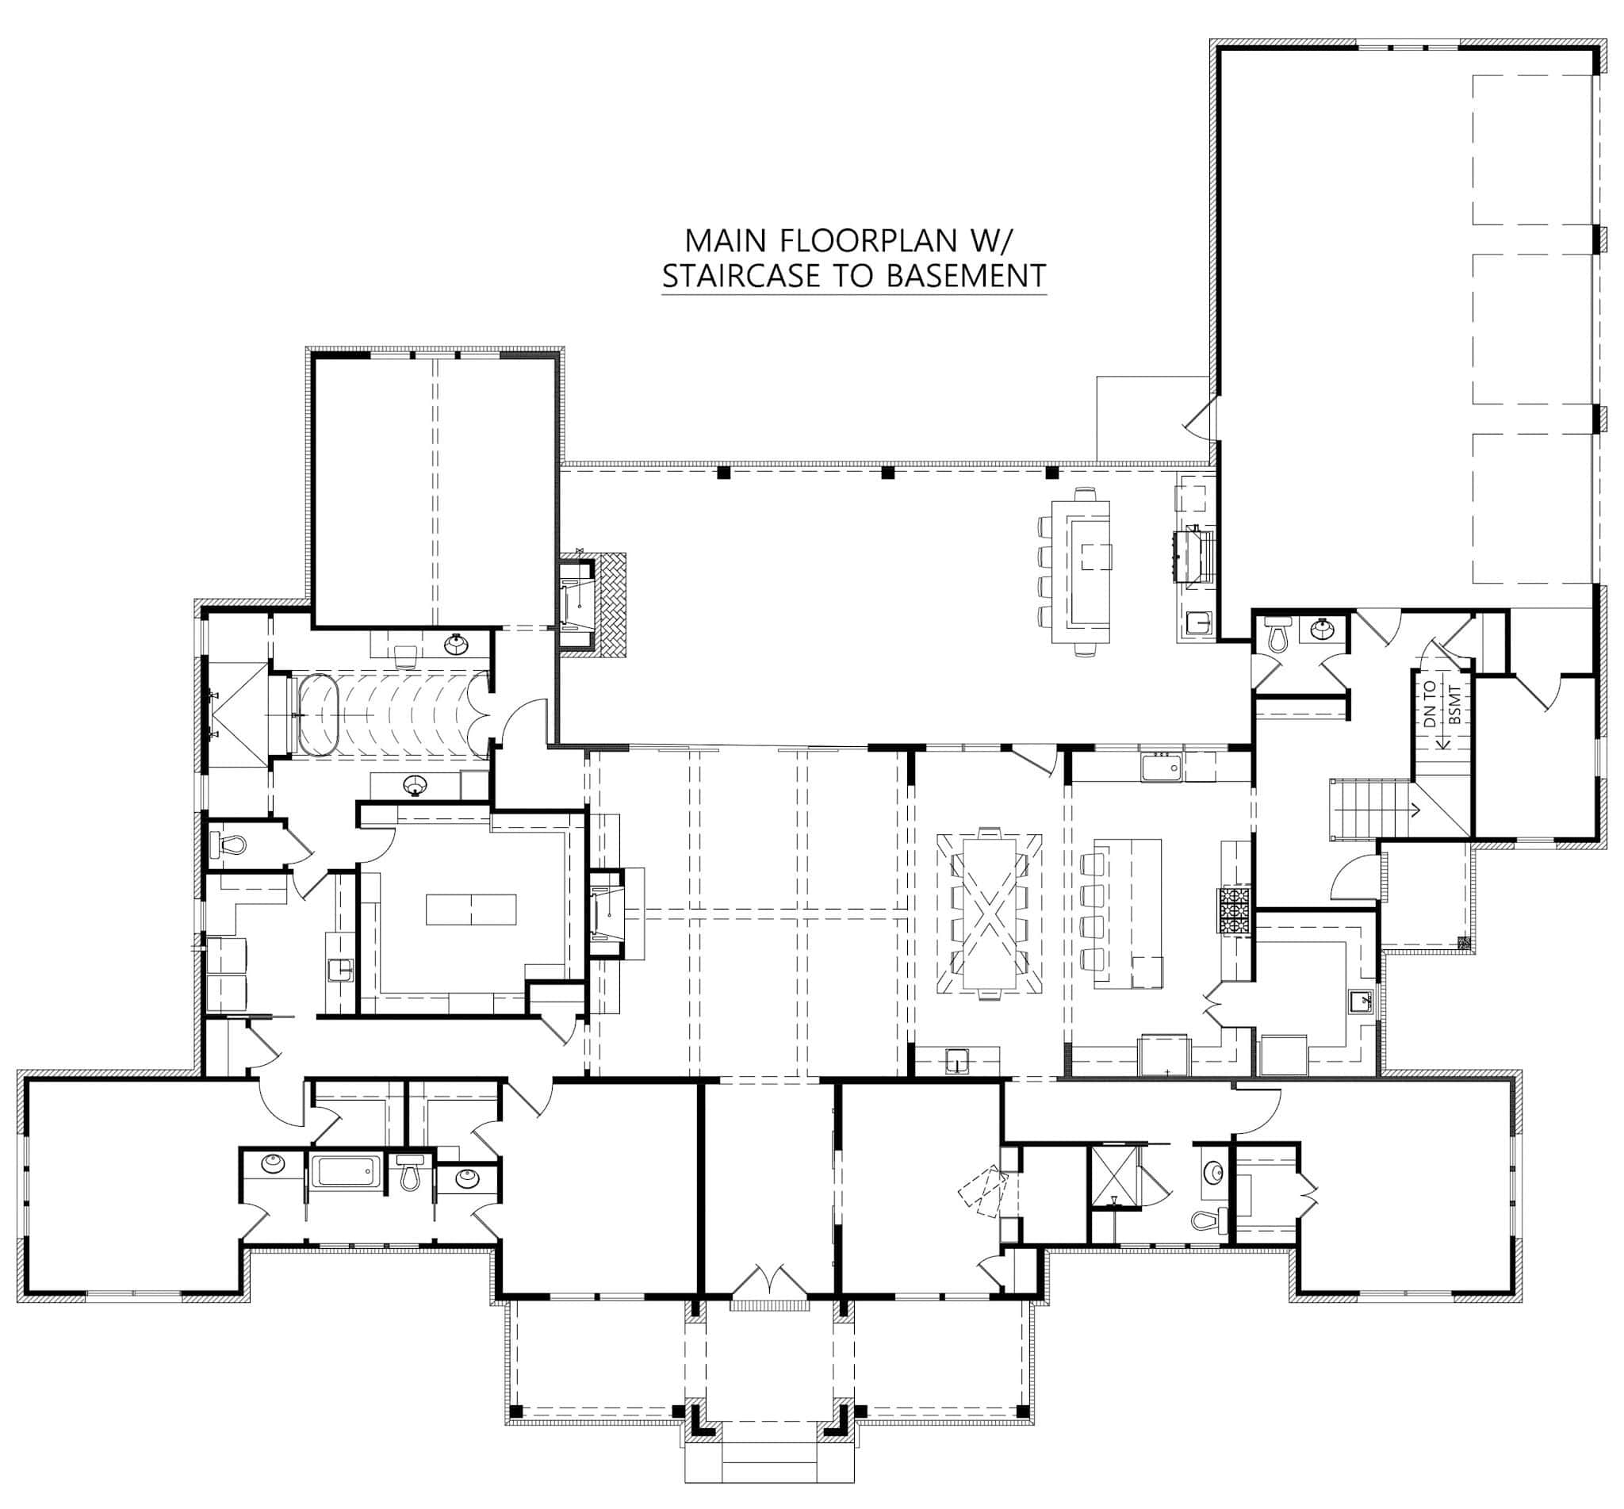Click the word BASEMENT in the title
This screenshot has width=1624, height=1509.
(965, 276)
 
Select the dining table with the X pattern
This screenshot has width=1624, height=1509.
(989, 911)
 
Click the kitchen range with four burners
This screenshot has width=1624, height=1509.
(1236, 910)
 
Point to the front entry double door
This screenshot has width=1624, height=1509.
(768, 1281)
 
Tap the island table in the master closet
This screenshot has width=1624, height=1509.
(471, 909)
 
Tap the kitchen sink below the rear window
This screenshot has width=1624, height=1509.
(1162, 768)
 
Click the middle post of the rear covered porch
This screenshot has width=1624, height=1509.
(887, 472)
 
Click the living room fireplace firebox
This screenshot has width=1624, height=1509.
(604, 912)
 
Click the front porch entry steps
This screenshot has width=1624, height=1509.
(768, 1461)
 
